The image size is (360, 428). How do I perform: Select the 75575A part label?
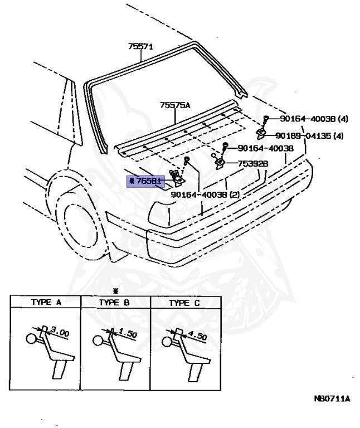175,104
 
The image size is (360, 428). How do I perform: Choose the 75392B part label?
254,164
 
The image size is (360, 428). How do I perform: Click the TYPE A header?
46,303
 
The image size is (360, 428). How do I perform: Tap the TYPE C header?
186,303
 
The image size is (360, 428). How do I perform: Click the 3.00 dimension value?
60,332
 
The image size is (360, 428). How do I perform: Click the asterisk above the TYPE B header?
116,291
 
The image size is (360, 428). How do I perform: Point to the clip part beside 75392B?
219,162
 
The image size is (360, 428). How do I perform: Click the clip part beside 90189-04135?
260,133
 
